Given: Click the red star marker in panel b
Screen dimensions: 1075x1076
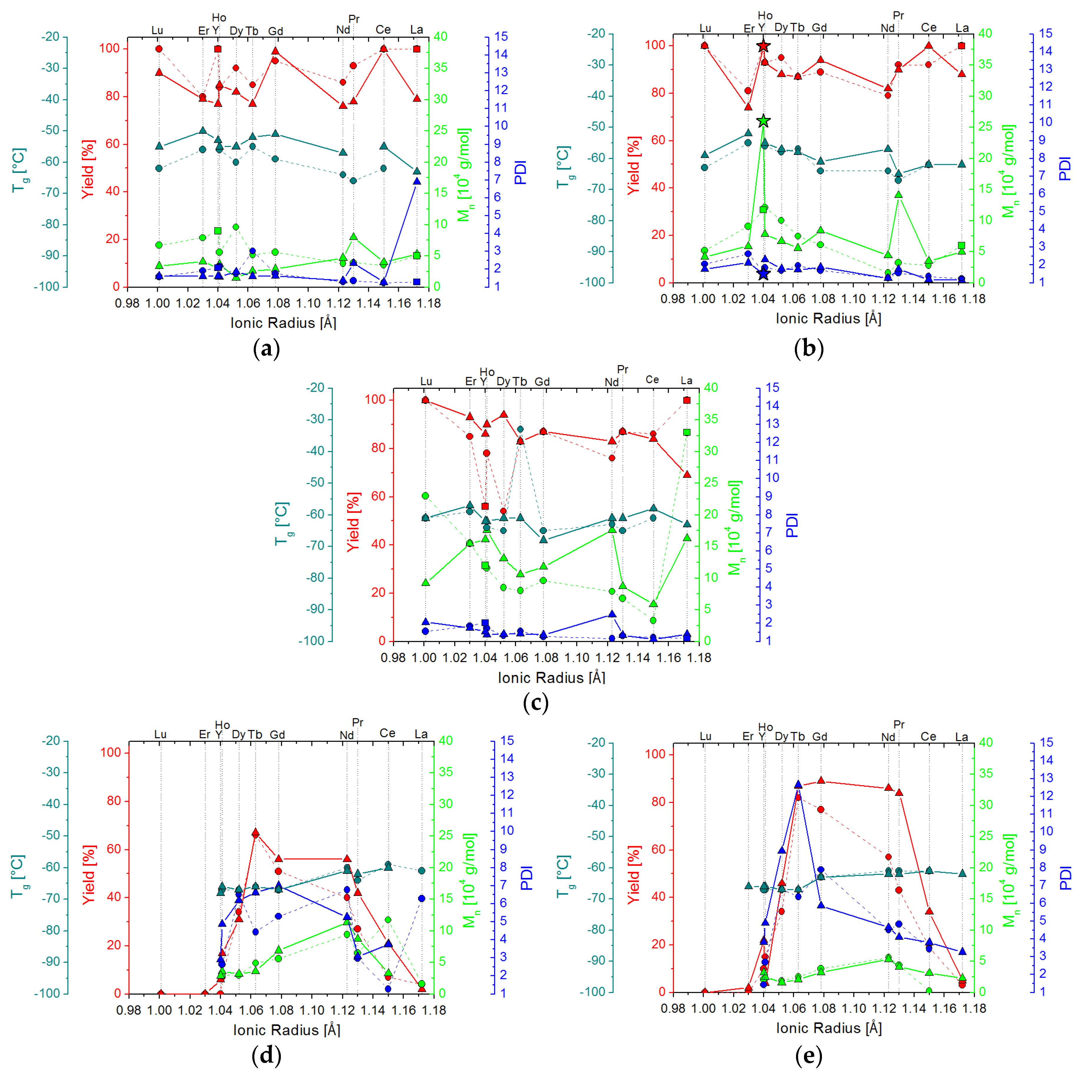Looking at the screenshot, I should click(764, 46).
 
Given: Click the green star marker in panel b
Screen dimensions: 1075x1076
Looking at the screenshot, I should click(764, 121).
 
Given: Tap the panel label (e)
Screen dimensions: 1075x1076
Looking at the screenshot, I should click(809, 1055).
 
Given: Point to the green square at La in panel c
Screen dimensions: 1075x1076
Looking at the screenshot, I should click(687, 432).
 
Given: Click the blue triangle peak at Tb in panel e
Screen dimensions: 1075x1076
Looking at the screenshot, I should click(798, 784).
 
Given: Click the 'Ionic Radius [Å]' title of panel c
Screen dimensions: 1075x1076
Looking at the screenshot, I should click(551, 678).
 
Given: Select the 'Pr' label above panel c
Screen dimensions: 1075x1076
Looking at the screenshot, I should click(623, 370).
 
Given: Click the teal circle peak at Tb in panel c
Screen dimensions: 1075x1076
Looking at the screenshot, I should click(520, 429).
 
